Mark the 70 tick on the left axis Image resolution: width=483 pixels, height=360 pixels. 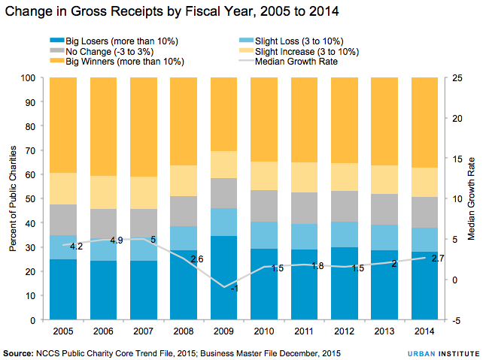tap(31, 150)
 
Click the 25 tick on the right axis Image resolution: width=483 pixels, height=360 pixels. tap(456, 77)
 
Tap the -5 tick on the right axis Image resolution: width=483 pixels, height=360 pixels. tap(456, 320)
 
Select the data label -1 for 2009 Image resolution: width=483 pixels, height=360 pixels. tap(234, 289)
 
